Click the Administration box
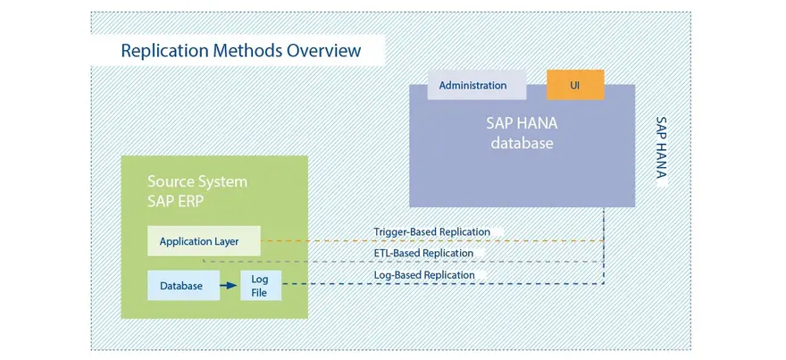tap(477, 85)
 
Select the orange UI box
tap(575, 85)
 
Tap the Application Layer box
tap(204, 241)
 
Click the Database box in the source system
tap(183, 285)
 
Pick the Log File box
tap(261, 285)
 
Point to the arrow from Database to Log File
tap(228, 285)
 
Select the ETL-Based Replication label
tap(423, 253)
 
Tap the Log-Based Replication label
tap(424, 275)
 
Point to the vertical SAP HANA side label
tap(662, 147)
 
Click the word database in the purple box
tap(522, 143)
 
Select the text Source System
tap(197, 181)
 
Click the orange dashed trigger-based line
tap(432, 240)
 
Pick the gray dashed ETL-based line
tap(404, 261)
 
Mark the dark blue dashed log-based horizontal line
tap(443, 284)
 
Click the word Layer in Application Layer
tap(226, 242)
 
